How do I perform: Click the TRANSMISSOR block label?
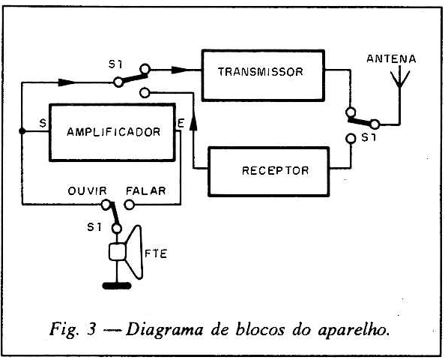click(260, 71)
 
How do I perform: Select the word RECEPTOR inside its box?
click(276, 171)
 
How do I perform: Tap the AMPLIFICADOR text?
click(114, 132)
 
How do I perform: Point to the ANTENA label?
click(391, 59)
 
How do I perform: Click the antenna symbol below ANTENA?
click(400, 85)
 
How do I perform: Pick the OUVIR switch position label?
click(87, 190)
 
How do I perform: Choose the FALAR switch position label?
click(146, 190)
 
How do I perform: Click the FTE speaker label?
click(156, 253)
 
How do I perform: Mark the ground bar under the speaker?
click(117, 286)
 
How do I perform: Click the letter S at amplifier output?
click(43, 123)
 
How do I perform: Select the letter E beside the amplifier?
click(181, 123)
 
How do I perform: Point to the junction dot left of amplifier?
click(22, 131)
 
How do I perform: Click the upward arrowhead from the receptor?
click(193, 123)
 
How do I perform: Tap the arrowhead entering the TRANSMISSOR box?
click(179, 70)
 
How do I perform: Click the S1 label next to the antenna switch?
click(369, 138)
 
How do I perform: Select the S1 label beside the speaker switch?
click(94, 227)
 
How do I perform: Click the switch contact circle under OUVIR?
click(106, 205)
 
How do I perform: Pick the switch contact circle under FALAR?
click(130, 205)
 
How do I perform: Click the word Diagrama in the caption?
click(164, 330)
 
